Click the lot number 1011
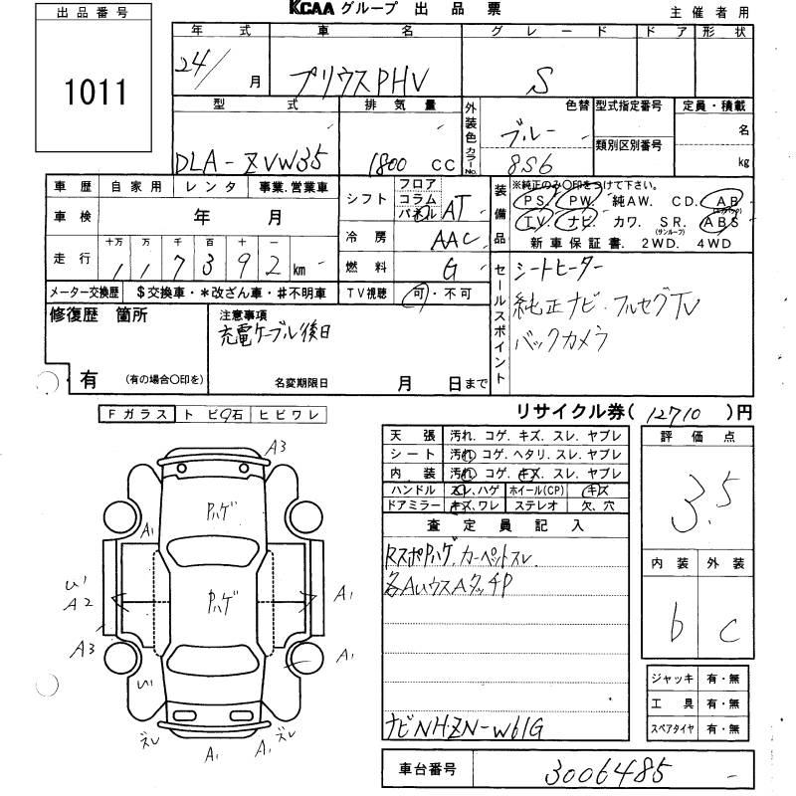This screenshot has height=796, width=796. (x=98, y=94)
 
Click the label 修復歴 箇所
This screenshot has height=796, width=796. (x=99, y=316)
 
